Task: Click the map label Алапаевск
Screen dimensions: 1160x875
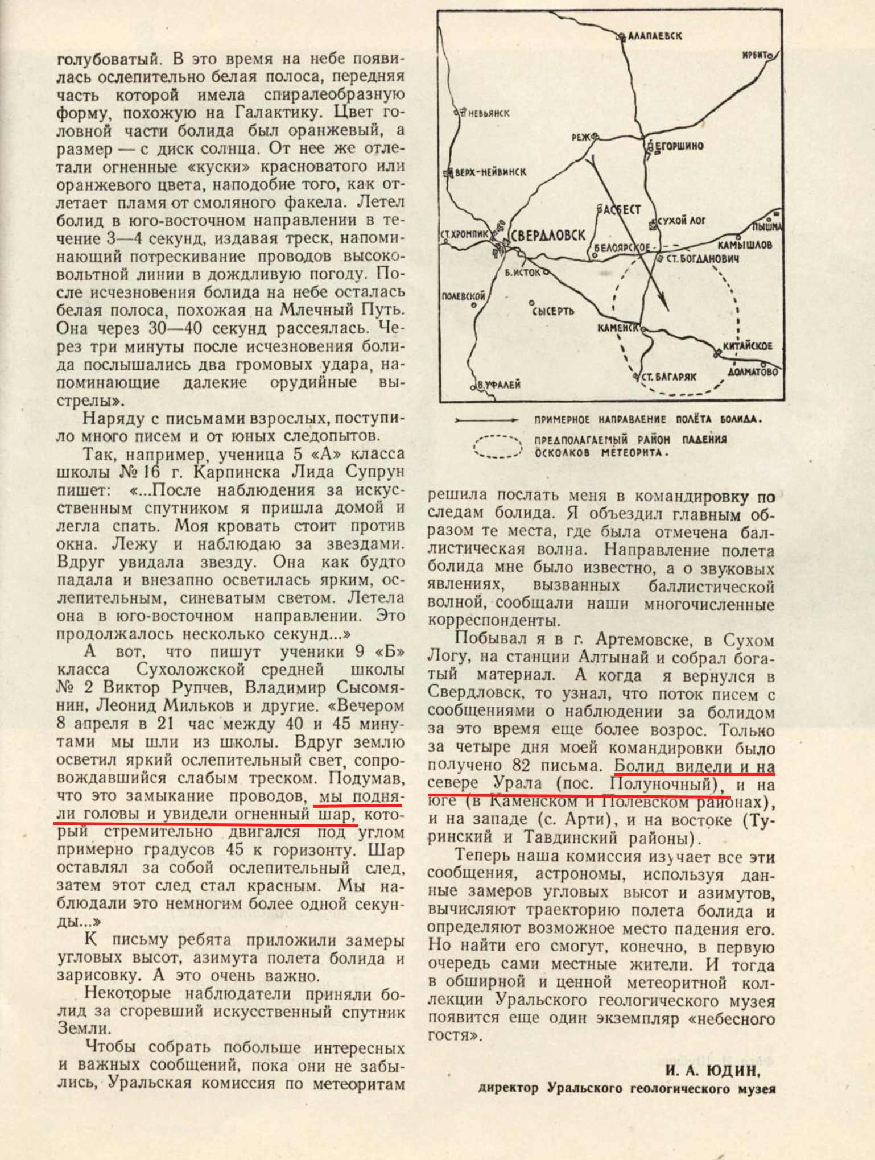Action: (x=654, y=36)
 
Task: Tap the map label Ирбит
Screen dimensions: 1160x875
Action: (x=757, y=55)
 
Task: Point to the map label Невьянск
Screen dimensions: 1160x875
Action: (x=489, y=113)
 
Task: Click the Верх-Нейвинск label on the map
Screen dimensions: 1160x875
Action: (x=490, y=172)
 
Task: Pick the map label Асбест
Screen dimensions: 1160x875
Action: (x=621, y=209)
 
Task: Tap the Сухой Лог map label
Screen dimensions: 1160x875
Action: (x=681, y=220)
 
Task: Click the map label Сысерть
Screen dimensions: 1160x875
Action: (x=553, y=311)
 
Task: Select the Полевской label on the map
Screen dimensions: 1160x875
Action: (x=463, y=295)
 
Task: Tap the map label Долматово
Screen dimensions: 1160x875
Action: (x=753, y=372)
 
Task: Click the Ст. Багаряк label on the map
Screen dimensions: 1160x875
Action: (x=668, y=377)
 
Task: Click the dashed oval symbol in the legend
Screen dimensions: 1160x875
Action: (x=498, y=447)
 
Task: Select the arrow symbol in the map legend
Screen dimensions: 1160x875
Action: (x=486, y=420)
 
